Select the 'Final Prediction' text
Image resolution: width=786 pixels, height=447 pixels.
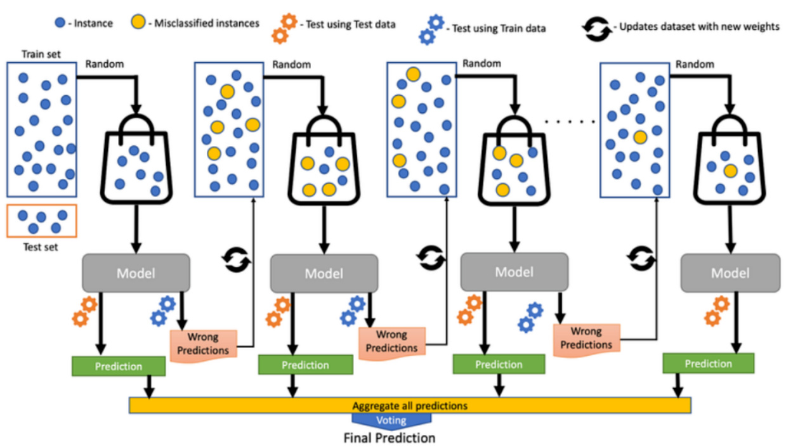390,437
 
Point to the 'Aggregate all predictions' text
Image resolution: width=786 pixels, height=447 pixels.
410,405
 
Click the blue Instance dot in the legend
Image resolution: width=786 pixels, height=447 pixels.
59,23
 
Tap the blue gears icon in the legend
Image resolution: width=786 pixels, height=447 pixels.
431,29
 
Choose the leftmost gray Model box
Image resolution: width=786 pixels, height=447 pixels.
136,273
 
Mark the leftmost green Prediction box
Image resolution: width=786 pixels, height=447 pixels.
119,366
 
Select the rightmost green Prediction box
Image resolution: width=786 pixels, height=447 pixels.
708,363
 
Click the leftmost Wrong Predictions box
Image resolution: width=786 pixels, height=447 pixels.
203,343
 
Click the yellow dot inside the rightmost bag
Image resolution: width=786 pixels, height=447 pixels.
730,171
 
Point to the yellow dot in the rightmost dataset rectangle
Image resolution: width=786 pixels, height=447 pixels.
640,136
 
